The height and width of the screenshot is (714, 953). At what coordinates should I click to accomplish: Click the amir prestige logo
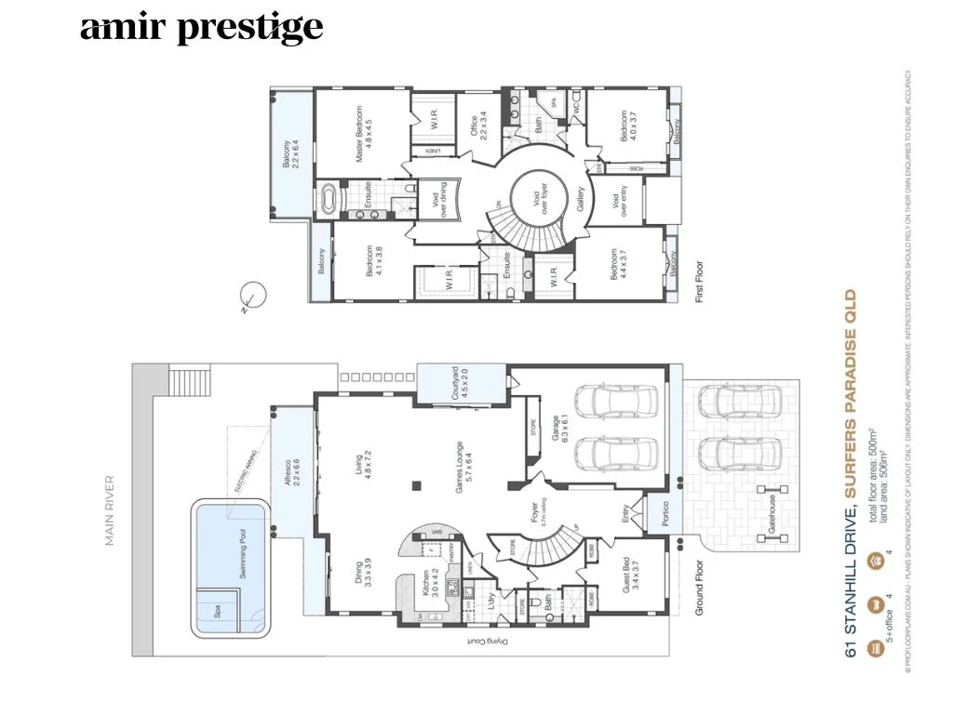tap(201, 28)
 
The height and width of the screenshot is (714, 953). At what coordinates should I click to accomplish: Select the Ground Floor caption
tap(700, 586)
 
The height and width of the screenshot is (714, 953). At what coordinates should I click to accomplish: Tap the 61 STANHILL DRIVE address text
tap(850, 582)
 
